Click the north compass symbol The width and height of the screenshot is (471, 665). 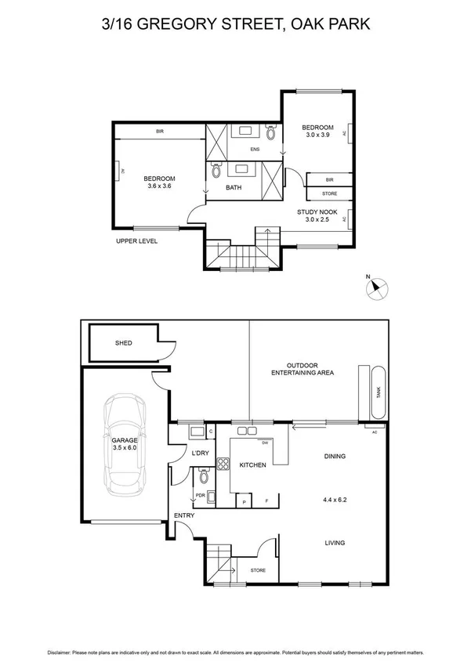click(377, 288)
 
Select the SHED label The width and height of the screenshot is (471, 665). click(124, 342)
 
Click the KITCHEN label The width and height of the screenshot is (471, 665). click(252, 465)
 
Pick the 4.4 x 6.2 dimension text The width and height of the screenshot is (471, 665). click(334, 498)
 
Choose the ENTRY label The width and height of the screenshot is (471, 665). click(184, 515)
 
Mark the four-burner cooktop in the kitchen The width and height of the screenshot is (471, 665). click(222, 463)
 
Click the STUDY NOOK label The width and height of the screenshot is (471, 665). click(317, 212)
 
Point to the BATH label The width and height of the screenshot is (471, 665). click(234, 188)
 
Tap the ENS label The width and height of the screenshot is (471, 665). click(255, 150)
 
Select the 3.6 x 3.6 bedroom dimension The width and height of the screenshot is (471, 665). click(158, 186)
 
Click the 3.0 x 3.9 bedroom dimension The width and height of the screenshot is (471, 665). click(318, 136)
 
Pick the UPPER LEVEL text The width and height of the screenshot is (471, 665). click(136, 241)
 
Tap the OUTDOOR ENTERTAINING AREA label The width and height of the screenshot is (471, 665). click(303, 369)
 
